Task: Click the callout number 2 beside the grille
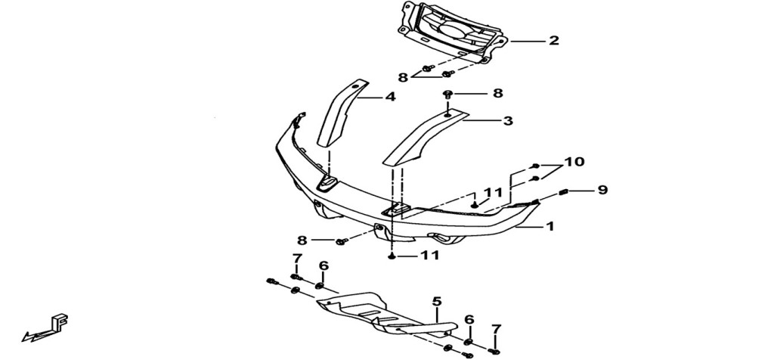click(554, 41)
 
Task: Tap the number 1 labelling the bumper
click(550, 227)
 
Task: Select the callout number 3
click(508, 120)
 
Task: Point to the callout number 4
click(390, 97)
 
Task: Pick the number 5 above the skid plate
click(436, 301)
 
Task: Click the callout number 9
click(602, 190)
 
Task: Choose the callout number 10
click(574, 162)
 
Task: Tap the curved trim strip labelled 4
click(342, 113)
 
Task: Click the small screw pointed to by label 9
click(564, 193)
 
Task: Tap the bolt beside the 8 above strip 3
click(448, 94)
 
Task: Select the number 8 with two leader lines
click(403, 78)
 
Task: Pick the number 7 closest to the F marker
click(296, 259)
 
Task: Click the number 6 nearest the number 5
click(469, 320)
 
